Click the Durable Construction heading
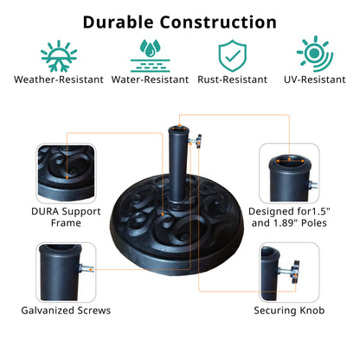click(x=180, y=22)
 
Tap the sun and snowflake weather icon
click(x=59, y=56)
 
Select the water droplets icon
click(x=150, y=55)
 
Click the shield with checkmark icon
click(x=233, y=55)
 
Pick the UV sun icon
click(x=315, y=54)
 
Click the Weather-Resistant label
click(x=59, y=80)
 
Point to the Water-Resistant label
click(x=150, y=80)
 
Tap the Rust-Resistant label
click(x=233, y=80)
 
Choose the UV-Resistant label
click(x=315, y=80)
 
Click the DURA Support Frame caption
click(x=66, y=217)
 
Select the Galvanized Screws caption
click(x=66, y=311)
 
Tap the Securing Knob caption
click(x=289, y=311)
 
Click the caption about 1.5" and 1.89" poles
click(x=289, y=217)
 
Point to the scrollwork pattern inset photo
click(x=66, y=173)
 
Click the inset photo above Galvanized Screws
click(x=66, y=273)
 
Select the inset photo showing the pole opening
click(x=289, y=173)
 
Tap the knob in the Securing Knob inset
click(x=295, y=272)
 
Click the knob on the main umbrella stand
click(x=198, y=141)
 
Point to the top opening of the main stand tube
click(x=179, y=129)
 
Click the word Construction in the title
click(x=218, y=22)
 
